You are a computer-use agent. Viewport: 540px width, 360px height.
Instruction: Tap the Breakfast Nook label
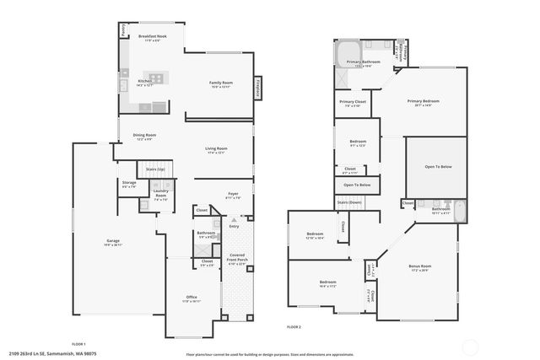pyautogui.click(x=154, y=37)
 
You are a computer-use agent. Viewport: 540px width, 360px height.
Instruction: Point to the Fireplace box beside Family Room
pyautogui.click(x=258, y=87)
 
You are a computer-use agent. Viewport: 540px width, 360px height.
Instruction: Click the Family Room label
pyautogui.click(x=221, y=83)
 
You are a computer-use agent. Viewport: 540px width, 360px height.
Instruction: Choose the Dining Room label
pyautogui.click(x=144, y=136)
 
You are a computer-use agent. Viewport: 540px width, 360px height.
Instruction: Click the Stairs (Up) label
pyautogui.click(x=154, y=169)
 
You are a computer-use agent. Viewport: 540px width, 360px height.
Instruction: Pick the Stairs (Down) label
pyautogui.click(x=348, y=202)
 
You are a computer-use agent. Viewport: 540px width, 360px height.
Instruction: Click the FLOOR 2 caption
pyautogui.click(x=294, y=326)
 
